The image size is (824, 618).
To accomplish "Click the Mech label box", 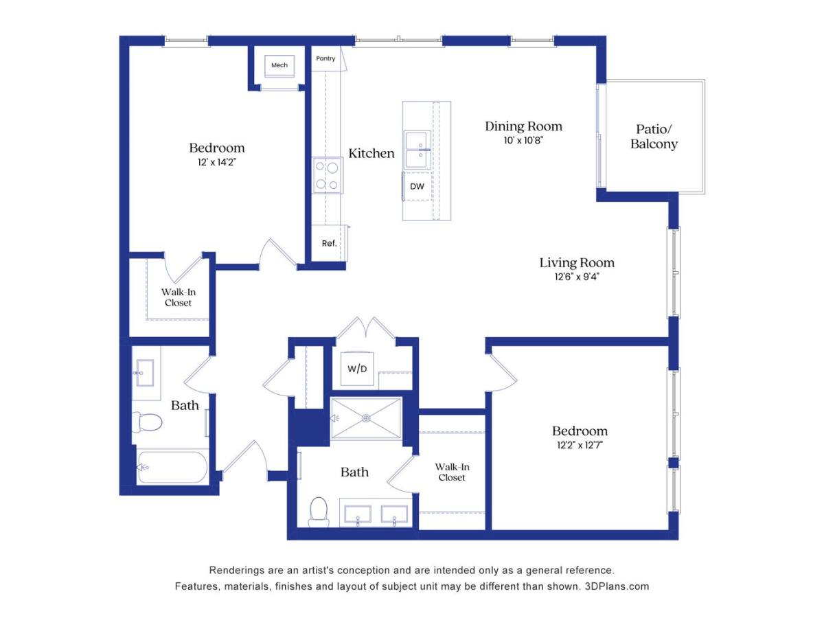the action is pos(279,65).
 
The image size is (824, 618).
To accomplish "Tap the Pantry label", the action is pos(325,58).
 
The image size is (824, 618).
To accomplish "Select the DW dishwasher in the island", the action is pos(417,187).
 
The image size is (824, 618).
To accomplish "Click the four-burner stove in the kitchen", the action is pos(328,175).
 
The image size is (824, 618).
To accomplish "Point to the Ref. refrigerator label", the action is pos(329,244).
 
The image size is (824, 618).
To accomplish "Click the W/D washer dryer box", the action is pos(356,369).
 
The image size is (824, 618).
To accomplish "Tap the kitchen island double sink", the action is pos(417,150).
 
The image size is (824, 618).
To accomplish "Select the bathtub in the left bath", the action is pos(172,467).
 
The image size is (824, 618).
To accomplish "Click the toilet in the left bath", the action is pos(147,422).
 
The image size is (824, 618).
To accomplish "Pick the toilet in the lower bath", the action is pos(319,512).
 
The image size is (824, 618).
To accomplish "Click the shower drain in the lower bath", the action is pos(367,418).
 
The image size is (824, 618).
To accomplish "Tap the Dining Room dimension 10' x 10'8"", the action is pos(523,141).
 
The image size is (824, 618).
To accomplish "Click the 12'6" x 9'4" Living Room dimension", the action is pos(577,277).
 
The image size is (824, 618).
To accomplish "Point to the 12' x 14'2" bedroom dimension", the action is pos(216,162).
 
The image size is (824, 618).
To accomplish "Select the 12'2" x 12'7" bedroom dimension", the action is pos(580,446).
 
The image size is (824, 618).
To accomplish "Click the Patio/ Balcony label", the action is pos(654,137).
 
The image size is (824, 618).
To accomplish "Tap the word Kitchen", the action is pos(371,153).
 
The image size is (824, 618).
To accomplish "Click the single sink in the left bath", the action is pos(144,373).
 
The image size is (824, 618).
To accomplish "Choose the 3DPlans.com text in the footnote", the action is pos(617,586).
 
